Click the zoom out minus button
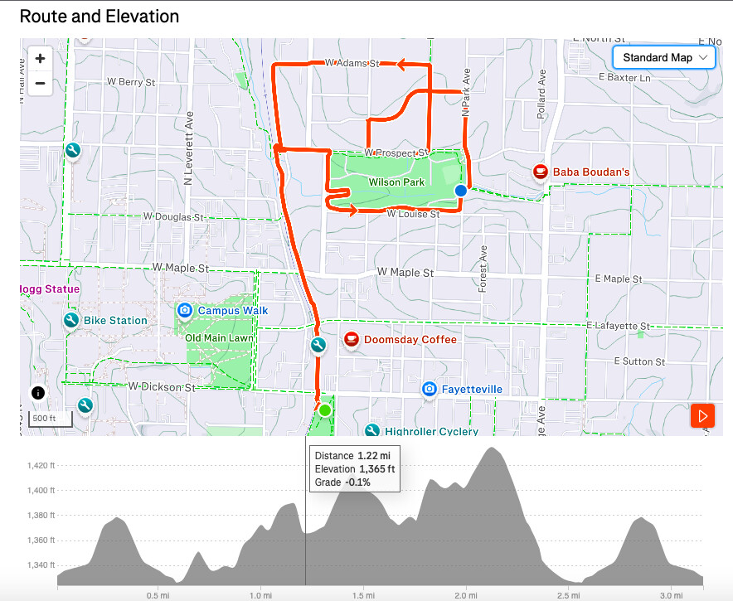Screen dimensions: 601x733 point(40,83)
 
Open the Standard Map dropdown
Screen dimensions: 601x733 point(663,57)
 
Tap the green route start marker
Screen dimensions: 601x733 point(325,410)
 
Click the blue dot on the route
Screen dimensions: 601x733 point(461,191)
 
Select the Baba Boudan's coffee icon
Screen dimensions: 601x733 point(541,172)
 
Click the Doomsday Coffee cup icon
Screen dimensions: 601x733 point(351,340)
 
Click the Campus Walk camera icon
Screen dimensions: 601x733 point(184,311)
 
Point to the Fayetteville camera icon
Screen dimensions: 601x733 point(429,389)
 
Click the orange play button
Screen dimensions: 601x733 point(703,415)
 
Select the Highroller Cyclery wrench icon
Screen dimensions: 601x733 point(372,431)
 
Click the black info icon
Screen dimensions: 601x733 point(38,393)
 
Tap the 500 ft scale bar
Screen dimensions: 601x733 point(51,419)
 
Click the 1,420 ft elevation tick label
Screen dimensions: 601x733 point(39,465)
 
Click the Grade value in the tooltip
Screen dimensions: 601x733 point(358,482)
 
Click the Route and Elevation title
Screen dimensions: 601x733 point(99,16)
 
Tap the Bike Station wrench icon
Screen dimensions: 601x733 point(70,320)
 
